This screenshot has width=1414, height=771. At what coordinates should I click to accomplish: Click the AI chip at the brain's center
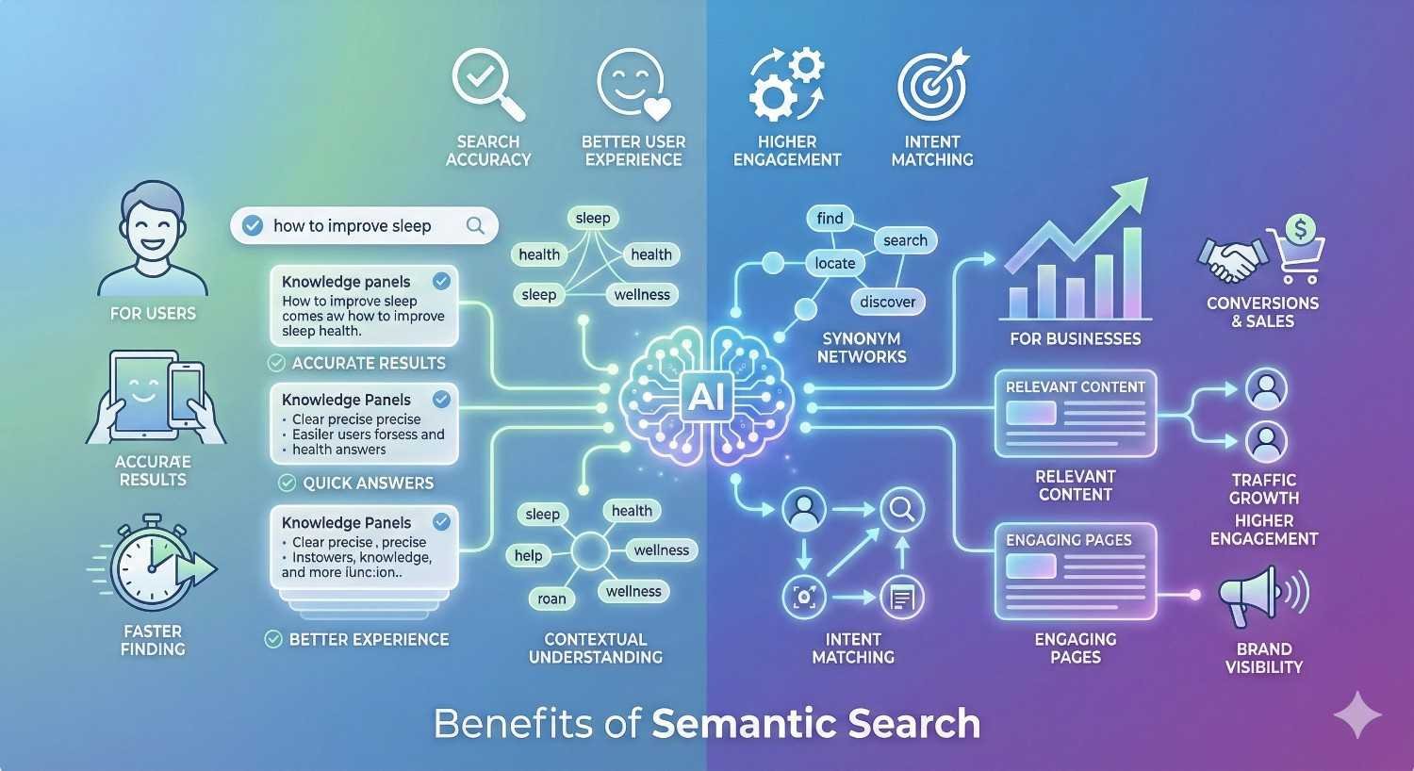point(706,396)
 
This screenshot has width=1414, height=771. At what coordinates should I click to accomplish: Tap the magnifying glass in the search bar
point(475,225)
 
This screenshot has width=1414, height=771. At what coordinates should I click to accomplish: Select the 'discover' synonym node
point(887,302)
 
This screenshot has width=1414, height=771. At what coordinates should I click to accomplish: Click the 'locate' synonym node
point(835,263)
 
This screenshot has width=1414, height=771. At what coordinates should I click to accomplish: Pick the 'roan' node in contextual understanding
point(551,599)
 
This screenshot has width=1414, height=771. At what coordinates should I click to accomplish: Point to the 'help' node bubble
point(528,555)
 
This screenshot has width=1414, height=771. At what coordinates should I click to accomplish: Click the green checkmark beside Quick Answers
point(288,484)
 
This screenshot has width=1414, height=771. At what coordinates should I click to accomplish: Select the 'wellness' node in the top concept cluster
point(642,295)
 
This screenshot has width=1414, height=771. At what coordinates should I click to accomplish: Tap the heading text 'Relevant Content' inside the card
point(1075,386)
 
